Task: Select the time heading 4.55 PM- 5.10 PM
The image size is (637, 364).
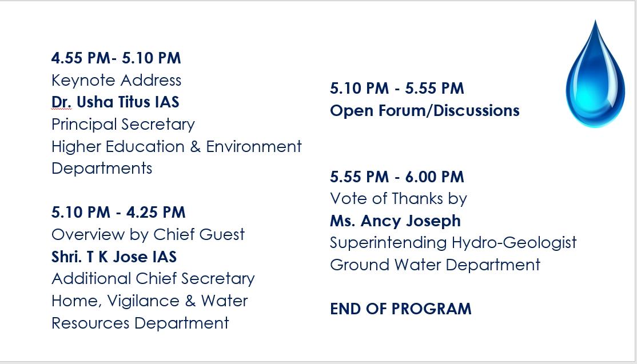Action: pos(116,58)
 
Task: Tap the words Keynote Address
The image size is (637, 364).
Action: pos(116,80)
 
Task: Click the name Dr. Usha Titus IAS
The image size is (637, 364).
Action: pos(116,102)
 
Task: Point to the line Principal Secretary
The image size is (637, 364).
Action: pos(123,124)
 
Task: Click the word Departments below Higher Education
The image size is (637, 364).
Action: pos(102,169)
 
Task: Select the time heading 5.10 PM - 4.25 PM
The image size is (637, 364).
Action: pos(118,213)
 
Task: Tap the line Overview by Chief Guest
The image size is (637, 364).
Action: pos(148,235)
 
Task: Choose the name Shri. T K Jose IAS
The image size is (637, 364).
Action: pos(114,257)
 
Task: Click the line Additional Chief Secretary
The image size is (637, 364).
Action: pos(153,279)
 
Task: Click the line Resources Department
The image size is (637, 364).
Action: pos(140,323)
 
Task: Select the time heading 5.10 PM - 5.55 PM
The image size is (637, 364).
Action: pos(397,89)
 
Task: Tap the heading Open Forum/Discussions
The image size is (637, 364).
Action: pos(424,110)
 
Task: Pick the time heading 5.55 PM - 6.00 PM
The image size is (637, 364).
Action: pos(397,177)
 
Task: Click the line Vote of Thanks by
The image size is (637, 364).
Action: pos(398,199)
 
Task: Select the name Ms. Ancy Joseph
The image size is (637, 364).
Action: pos(395,221)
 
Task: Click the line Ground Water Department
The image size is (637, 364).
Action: pos(435,265)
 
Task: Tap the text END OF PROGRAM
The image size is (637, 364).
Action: pos(400,309)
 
